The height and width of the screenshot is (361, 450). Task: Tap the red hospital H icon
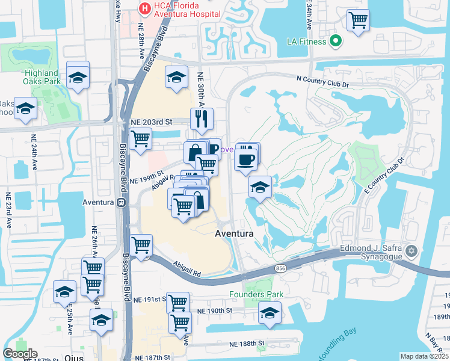(144, 8)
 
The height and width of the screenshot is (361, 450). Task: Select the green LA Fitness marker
(336, 42)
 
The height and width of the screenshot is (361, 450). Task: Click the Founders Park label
(256, 295)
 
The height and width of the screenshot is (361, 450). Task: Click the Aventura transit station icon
(121, 202)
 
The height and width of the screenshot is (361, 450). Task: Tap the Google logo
(20, 354)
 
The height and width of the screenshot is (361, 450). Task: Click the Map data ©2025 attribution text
(424, 356)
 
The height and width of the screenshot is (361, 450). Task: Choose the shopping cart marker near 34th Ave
(358, 20)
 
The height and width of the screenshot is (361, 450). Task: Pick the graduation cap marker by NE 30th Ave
(176, 78)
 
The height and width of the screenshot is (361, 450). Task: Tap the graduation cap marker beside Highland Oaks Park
(78, 76)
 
